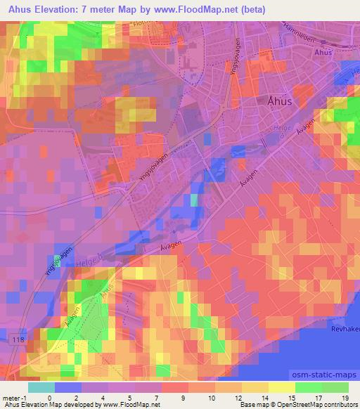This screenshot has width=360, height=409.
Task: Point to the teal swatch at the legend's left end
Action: pos(41,387)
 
